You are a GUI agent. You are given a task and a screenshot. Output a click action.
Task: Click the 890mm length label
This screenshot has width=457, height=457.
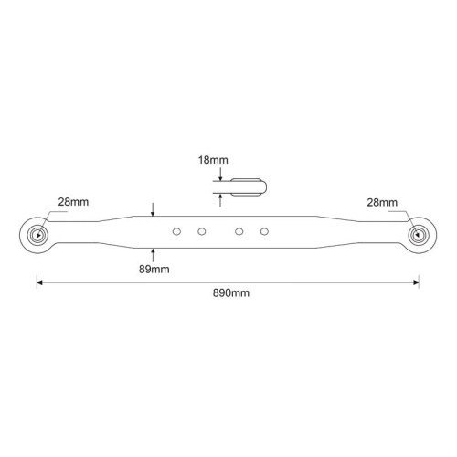pos(231,293)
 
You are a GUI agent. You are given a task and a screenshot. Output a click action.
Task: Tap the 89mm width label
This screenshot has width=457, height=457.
pos(154,270)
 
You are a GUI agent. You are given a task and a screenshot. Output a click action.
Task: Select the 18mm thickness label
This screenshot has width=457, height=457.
pos(213,160)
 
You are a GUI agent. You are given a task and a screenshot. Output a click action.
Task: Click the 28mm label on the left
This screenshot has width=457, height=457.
pos(73,202)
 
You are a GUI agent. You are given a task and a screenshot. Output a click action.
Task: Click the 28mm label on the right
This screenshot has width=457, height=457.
pos(382,202)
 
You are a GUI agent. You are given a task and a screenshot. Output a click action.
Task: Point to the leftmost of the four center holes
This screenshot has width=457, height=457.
pos(176,231)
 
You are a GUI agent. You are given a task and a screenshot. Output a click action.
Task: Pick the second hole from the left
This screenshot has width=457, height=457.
pos(202,231)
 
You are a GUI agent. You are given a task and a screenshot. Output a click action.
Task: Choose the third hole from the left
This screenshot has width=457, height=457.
pos(239,231)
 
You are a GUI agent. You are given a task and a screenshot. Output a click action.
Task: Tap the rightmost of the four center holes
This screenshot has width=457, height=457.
pos(264,231)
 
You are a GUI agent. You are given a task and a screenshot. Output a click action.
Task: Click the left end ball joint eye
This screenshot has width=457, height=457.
pos(37,235)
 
